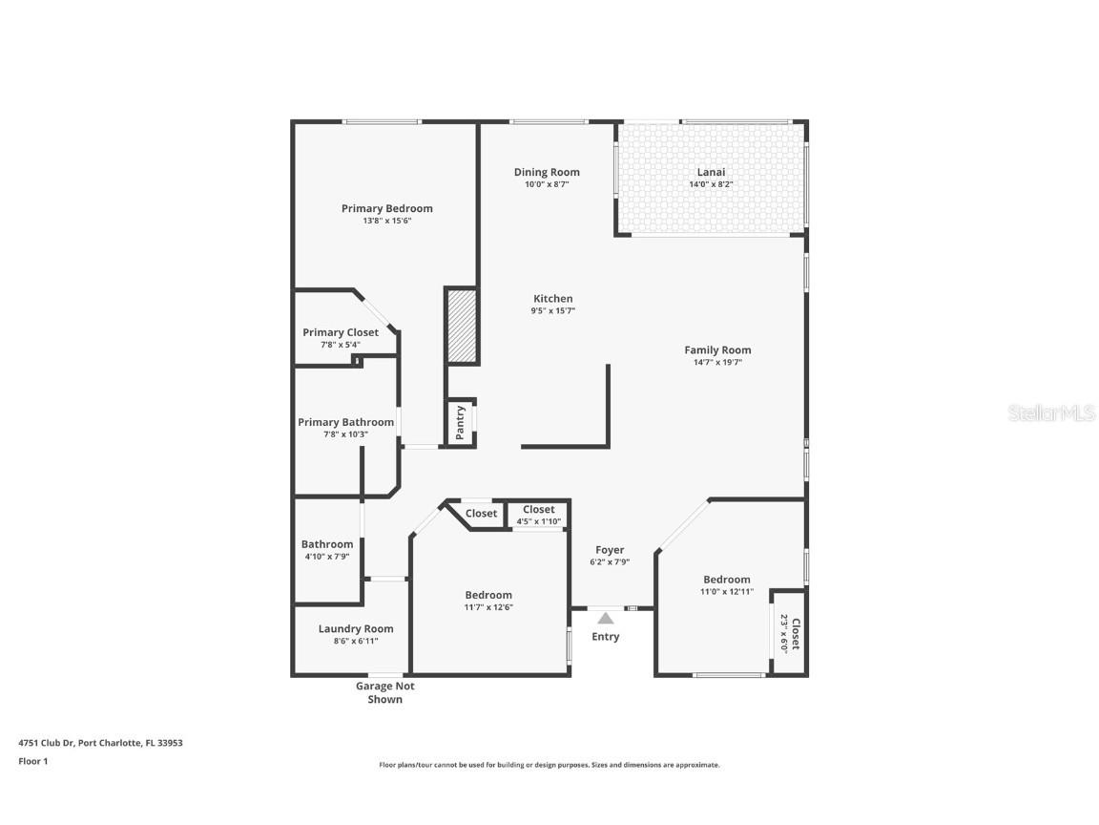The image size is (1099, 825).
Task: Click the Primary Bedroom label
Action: click(x=386, y=208)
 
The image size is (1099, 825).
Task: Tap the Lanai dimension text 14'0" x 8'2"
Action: click(x=710, y=184)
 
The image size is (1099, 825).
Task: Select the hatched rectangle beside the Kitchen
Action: click(x=462, y=326)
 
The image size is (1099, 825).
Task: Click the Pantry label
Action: click(x=461, y=422)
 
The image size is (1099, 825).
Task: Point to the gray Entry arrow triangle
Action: click(x=606, y=619)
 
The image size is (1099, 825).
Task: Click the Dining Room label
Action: click(x=547, y=173)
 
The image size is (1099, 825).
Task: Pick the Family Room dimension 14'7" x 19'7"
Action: click(x=717, y=363)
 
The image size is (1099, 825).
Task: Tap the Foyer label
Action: click(x=610, y=550)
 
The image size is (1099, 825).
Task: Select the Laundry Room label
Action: click(x=356, y=628)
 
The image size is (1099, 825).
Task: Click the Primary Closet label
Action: click(x=341, y=332)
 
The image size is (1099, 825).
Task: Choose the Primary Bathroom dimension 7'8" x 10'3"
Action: click(x=345, y=434)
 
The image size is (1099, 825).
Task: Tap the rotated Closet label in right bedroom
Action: click(x=795, y=632)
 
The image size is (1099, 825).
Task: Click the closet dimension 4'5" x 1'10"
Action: click(x=539, y=521)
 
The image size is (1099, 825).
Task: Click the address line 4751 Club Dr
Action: click(x=100, y=742)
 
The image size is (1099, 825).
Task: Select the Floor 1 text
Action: click(x=32, y=761)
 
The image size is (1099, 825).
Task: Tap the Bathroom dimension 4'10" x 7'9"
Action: click(x=327, y=557)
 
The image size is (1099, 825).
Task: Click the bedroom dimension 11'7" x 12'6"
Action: click(x=488, y=607)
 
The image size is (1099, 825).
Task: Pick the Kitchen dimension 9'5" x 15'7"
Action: click(x=552, y=310)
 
